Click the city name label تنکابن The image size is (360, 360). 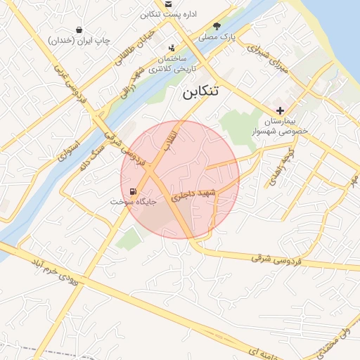point(200,91)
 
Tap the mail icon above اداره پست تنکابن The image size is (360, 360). point(168,4)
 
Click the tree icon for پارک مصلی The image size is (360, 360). point(226,25)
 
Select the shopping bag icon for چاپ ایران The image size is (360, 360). point(81,30)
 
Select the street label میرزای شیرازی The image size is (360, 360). point(266,58)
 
